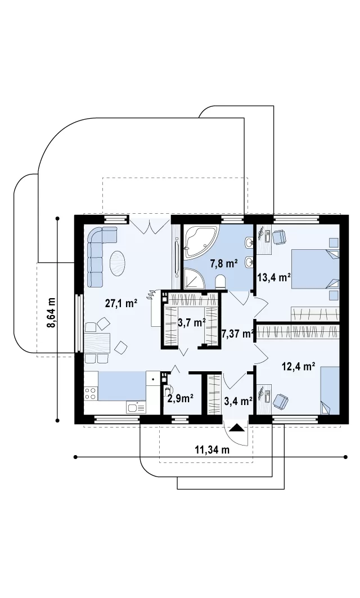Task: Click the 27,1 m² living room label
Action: click(121, 304)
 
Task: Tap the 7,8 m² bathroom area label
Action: click(224, 263)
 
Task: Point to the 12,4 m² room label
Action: click(298, 367)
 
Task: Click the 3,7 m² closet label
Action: click(192, 323)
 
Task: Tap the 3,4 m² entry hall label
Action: click(238, 401)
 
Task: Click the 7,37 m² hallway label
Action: click(238, 335)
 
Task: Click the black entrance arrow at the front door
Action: click(236, 428)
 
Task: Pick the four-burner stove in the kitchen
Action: click(91, 394)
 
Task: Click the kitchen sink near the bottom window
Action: click(136, 408)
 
